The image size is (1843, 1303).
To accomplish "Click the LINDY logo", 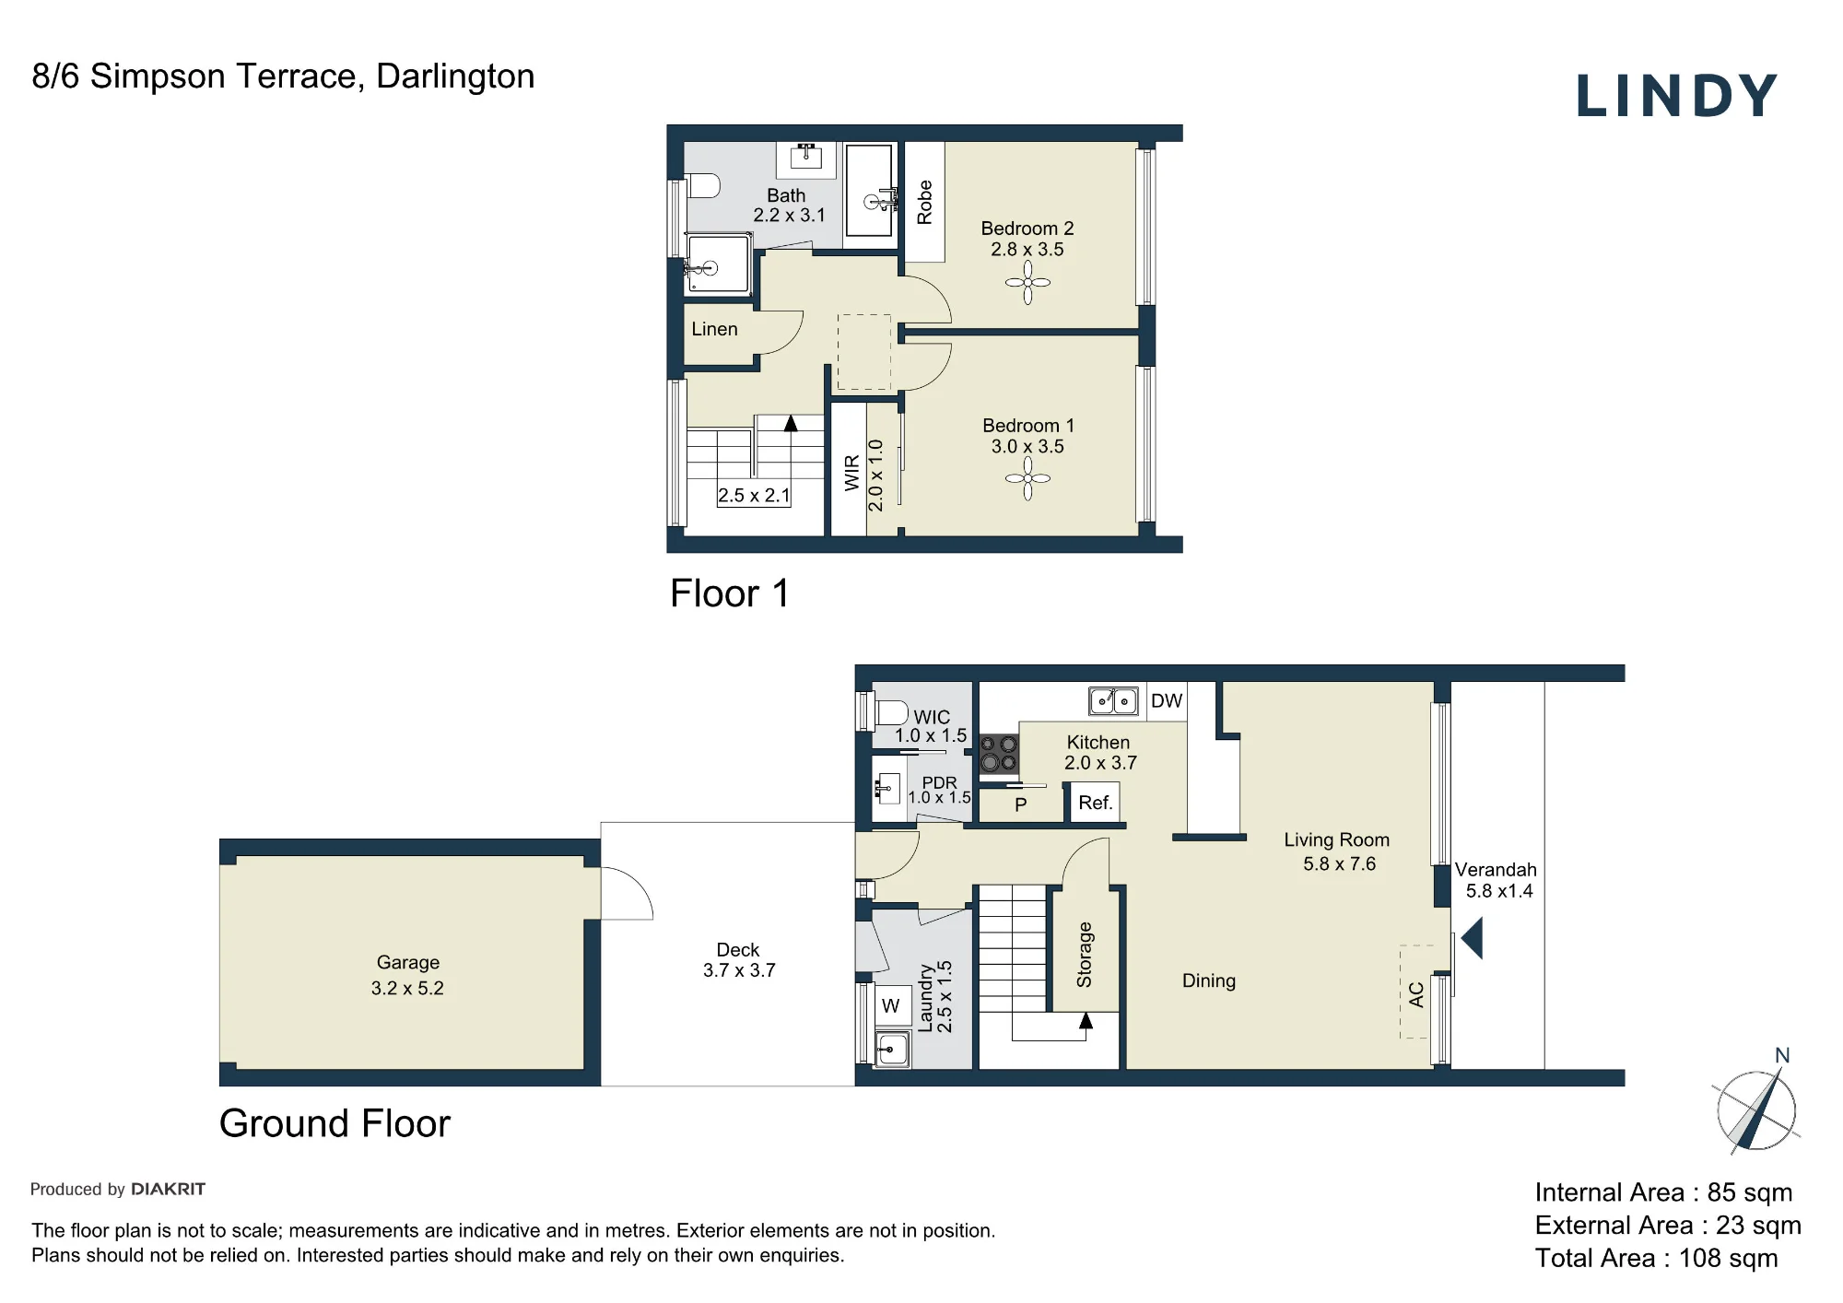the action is point(1676,96).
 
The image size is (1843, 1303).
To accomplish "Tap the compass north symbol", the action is point(1756,1102).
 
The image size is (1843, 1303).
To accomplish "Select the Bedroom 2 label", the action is point(1027,229).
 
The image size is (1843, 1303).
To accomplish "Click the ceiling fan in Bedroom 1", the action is point(1027,478).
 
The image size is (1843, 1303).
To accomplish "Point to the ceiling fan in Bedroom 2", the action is point(1027,282).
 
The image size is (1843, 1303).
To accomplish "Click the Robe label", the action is point(924,202).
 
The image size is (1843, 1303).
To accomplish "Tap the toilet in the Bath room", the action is point(703,186).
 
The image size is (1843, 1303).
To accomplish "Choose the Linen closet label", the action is point(714,329).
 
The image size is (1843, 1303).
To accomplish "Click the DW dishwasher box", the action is point(1167,701).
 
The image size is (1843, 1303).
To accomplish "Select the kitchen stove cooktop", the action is point(999,753).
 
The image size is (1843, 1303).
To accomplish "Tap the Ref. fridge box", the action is point(1095,803).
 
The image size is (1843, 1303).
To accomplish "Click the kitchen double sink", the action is point(1113,701).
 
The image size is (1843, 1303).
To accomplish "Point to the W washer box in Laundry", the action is point(890,1006).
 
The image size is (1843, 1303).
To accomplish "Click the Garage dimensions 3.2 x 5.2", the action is point(407,988).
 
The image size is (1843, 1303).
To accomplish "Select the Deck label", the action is point(738,949).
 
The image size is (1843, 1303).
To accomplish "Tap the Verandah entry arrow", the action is point(1472,938).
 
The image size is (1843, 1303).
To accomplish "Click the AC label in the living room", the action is point(1416,994).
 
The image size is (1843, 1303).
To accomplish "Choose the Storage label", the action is point(1085,955).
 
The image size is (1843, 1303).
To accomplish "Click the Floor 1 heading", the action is point(729,593).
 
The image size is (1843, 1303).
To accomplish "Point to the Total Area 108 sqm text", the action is point(1656,1258).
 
